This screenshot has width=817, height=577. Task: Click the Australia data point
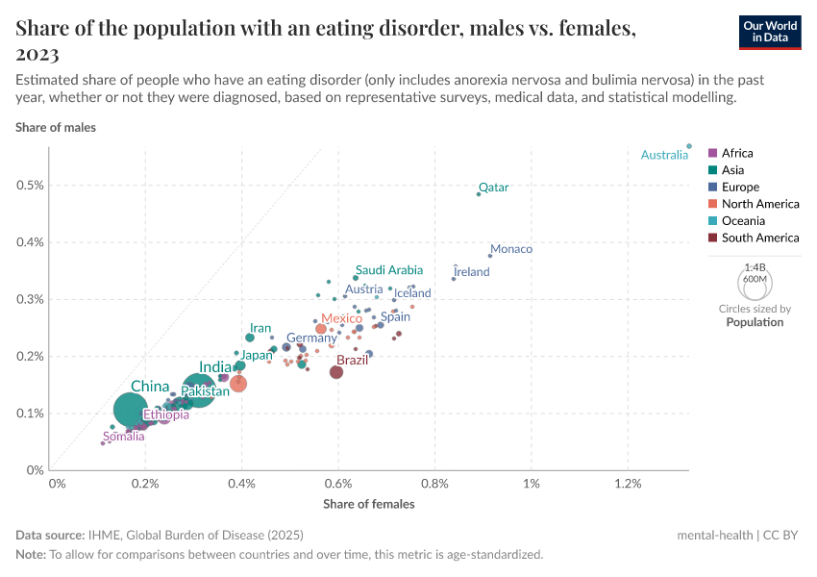(689, 146)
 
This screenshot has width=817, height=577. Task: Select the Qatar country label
(493, 188)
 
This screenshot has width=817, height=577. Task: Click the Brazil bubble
(336, 372)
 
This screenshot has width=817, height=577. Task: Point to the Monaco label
(511, 249)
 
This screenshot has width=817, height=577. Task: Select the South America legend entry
(759, 238)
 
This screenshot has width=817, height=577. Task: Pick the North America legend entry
(759, 204)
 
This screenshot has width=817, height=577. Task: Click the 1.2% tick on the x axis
(628, 483)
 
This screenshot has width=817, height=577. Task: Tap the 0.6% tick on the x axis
(338, 483)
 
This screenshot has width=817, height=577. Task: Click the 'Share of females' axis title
(369, 504)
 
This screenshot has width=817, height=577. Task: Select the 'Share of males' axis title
(56, 127)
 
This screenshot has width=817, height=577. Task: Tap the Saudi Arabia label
(388, 270)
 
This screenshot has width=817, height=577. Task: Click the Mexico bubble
(321, 329)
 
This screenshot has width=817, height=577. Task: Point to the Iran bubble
(250, 338)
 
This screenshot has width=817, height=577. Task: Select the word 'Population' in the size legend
(755, 322)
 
